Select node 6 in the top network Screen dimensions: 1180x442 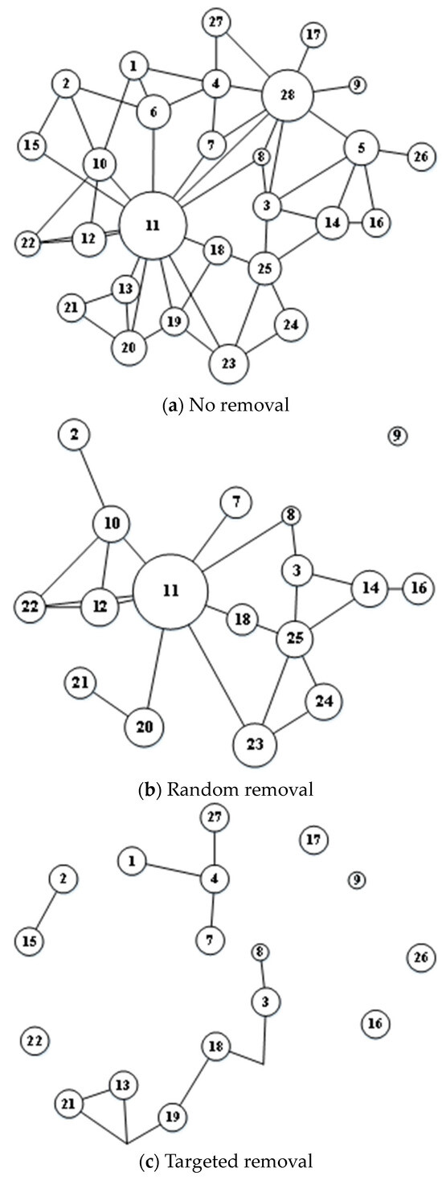(x=153, y=113)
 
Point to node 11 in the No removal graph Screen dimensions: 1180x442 (x=153, y=225)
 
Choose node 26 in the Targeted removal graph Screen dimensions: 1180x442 (x=421, y=958)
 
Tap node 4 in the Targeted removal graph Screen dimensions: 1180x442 (x=214, y=879)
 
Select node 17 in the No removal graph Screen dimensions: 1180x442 (x=313, y=35)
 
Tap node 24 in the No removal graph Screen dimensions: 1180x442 (x=291, y=324)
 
